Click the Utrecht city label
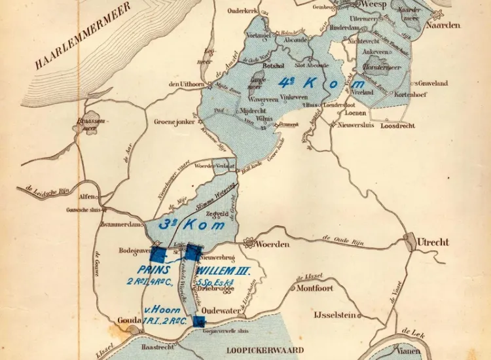tap(433, 242)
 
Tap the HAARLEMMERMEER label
tap(84, 35)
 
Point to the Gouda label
tap(128, 319)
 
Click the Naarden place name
tap(443, 25)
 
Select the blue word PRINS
tap(154, 269)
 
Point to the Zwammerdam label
tap(120, 223)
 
